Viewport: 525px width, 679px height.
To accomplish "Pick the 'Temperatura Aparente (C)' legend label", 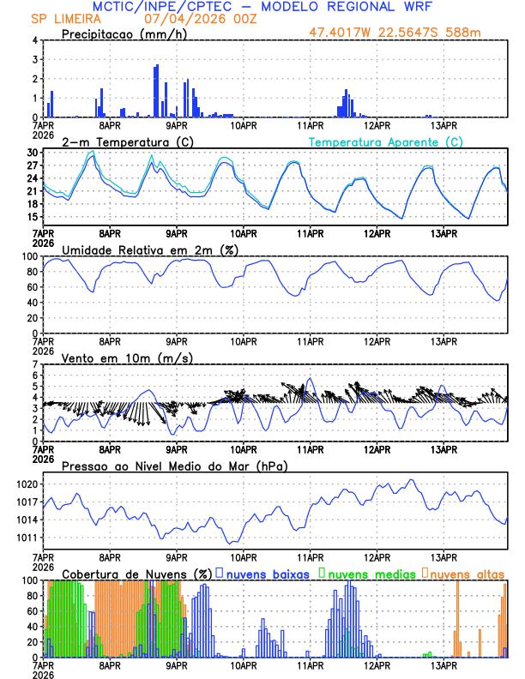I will (x=386, y=141).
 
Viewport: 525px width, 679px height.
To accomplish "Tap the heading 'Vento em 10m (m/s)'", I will (x=127, y=358).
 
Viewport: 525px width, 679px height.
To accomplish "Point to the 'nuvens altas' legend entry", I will (x=467, y=574).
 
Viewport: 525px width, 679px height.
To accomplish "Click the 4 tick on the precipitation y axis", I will (x=34, y=40).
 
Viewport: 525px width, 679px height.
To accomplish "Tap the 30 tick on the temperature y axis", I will (x=32, y=153).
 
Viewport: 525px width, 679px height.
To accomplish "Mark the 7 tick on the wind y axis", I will (x=34, y=364).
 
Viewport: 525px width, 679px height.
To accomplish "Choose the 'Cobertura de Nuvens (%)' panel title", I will (x=137, y=574).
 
